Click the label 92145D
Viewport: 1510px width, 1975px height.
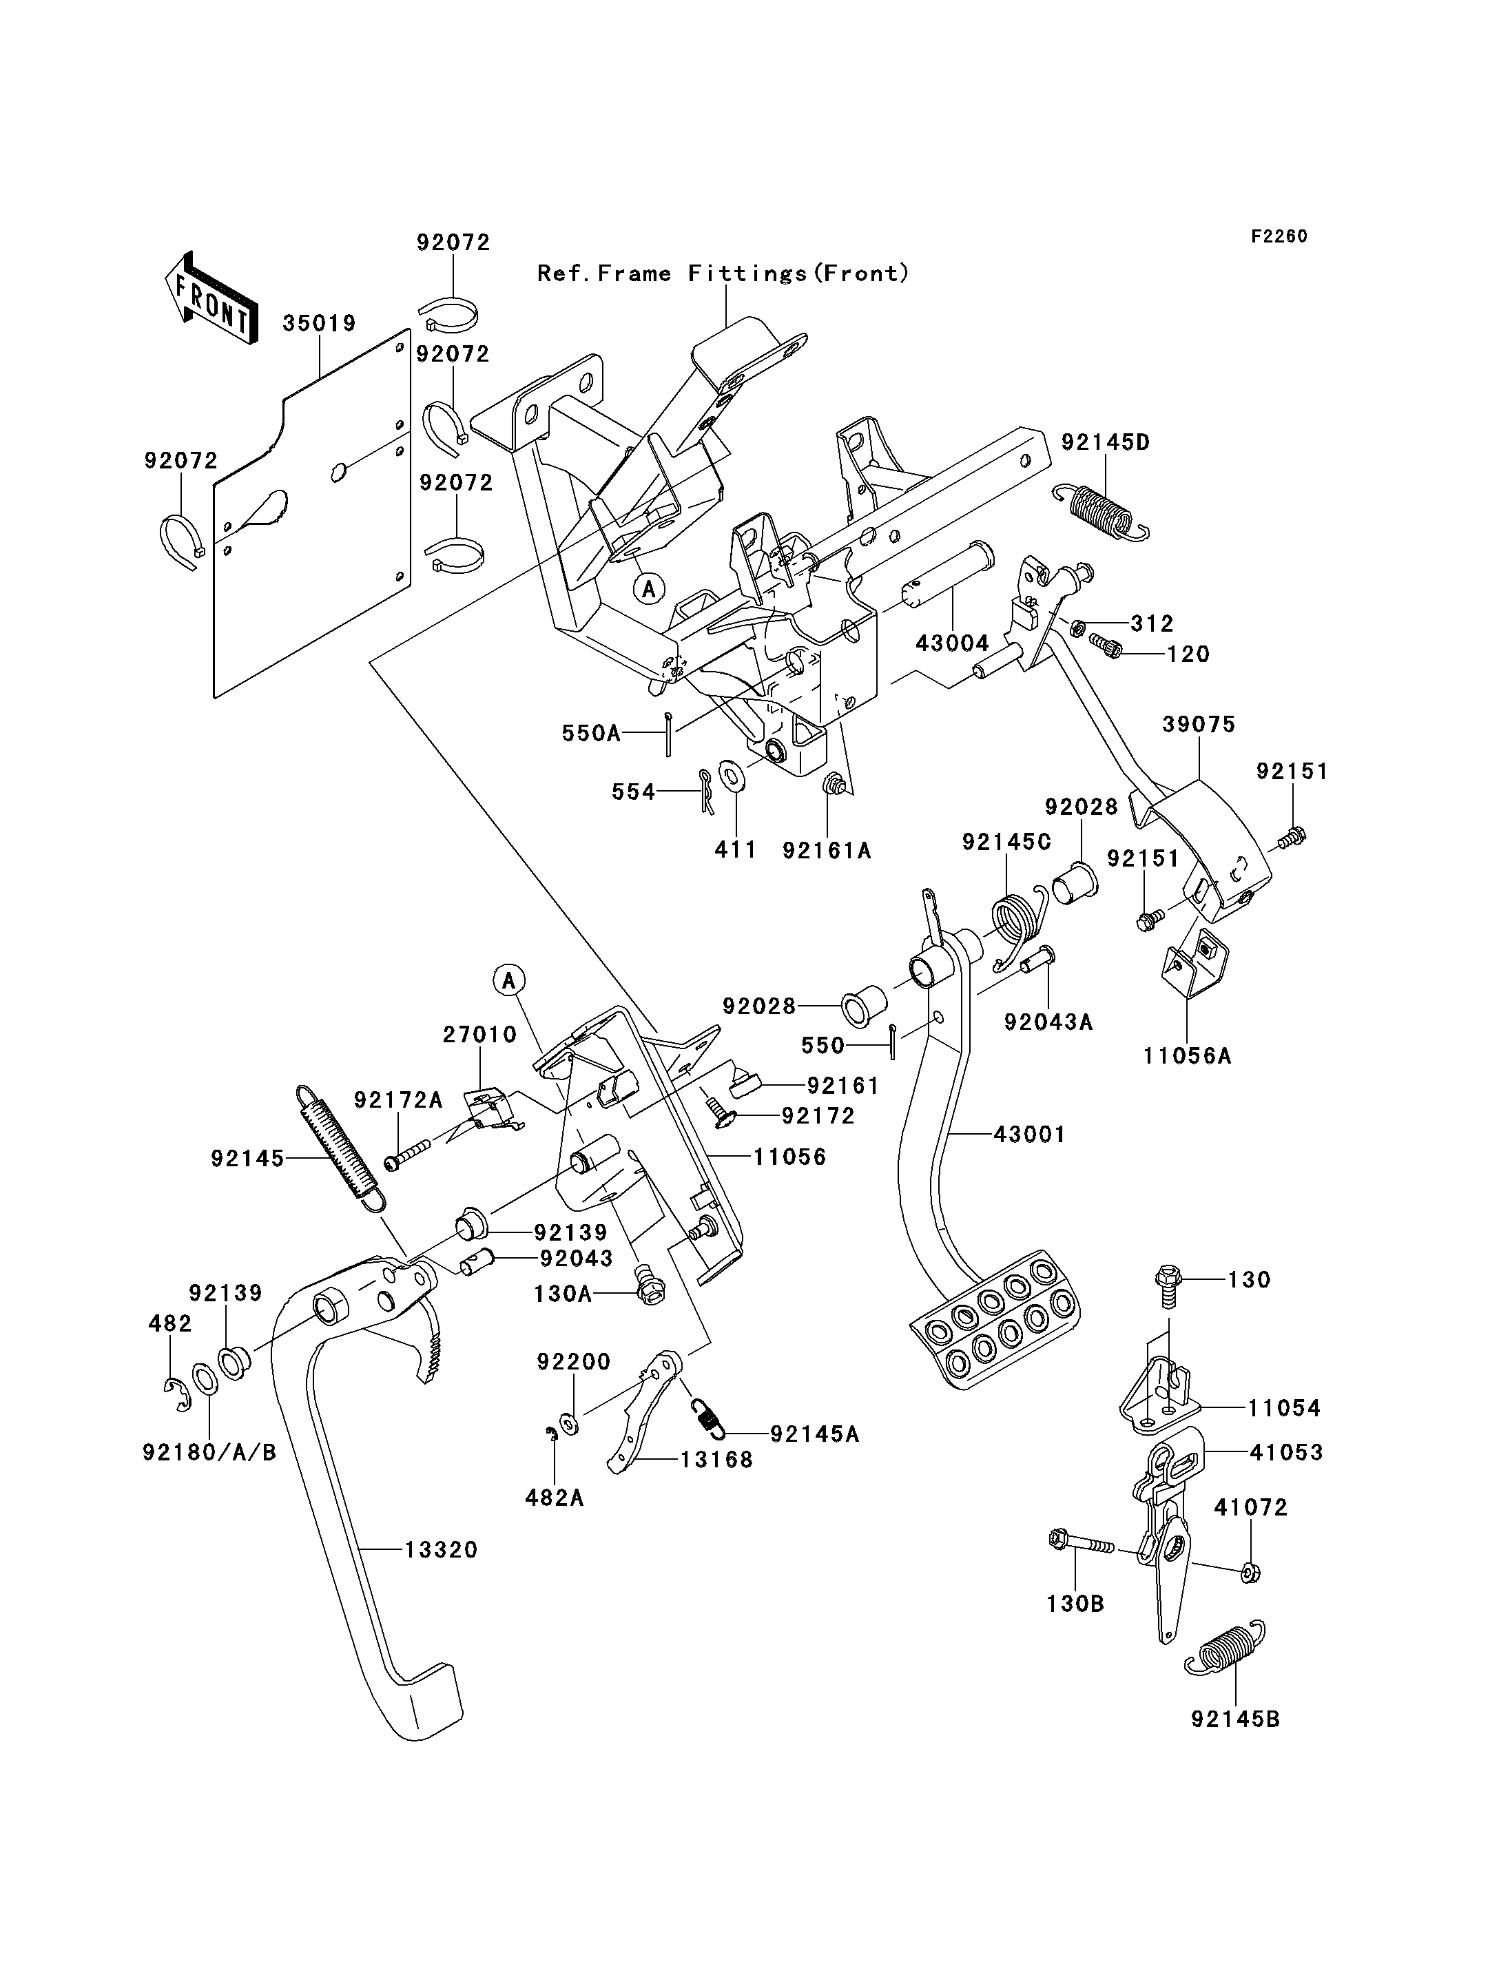click(x=1106, y=442)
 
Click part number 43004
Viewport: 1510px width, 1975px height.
click(x=952, y=643)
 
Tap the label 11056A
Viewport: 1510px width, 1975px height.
click(x=1186, y=1056)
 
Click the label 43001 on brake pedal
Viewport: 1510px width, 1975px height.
click(x=1029, y=1135)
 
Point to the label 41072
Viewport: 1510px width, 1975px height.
click(x=1251, y=1507)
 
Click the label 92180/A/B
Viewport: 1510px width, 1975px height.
click(x=209, y=1452)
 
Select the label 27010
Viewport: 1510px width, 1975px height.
click(x=480, y=1035)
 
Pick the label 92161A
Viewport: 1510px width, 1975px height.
click(x=827, y=850)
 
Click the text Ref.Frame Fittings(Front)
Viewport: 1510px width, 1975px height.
click(x=723, y=273)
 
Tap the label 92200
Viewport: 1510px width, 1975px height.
click(x=573, y=1362)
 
